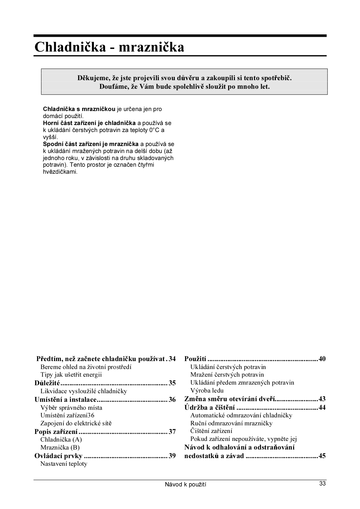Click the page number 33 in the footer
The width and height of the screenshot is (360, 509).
322,484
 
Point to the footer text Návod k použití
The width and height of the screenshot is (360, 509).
185,485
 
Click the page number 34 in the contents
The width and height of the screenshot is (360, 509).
172,359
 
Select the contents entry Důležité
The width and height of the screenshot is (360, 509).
47,383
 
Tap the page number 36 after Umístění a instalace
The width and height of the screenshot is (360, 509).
172,400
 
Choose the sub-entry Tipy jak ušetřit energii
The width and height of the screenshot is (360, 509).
71,374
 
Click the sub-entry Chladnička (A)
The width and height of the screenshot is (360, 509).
61,439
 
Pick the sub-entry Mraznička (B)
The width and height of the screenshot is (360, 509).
60,447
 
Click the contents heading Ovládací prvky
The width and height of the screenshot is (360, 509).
58,456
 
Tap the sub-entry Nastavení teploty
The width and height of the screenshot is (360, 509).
64,464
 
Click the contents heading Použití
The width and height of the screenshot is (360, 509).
195,359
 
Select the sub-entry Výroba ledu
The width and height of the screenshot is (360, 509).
207,390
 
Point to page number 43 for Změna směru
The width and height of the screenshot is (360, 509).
322,399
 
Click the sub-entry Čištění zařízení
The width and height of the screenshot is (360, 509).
211,431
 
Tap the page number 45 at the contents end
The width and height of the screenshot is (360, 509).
322,456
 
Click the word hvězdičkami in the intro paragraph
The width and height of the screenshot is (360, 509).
60,172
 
